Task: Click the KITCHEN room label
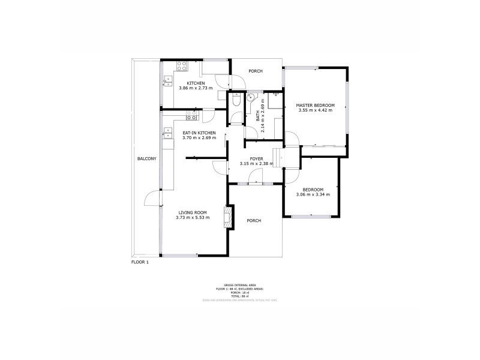pos(196,83)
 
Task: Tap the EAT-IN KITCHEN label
pos(199,133)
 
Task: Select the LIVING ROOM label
pos(193,212)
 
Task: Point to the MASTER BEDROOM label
pos(315,105)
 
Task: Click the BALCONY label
pos(146,158)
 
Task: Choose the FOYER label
pos(256,158)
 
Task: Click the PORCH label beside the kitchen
pos(256,71)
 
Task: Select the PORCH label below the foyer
pos(254,221)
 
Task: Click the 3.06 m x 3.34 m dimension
pos(313,194)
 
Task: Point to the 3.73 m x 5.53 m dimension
pos(193,218)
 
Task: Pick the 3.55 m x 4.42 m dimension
pos(315,110)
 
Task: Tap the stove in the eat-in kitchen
pos(192,113)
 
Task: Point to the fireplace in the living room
pos(227,217)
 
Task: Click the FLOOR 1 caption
pos(140,263)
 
